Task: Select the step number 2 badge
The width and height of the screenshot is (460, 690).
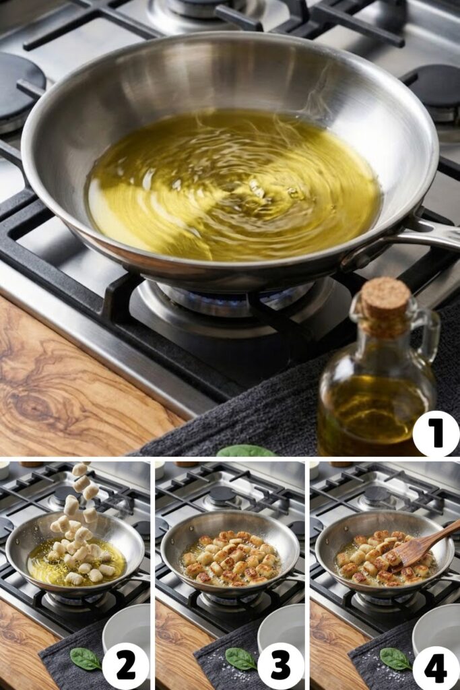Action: pyautogui.click(x=125, y=666)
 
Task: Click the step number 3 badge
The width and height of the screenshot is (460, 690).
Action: pyautogui.click(x=280, y=666)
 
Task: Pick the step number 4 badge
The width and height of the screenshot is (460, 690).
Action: pyautogui.click(x=435, y=666)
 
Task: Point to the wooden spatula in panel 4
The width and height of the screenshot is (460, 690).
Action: pyautogui.click(x=422, y=545)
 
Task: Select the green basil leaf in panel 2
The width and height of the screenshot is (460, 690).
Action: pyautogui.click(x=85, y=659)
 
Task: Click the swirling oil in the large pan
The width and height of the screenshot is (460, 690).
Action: pyautogui.click(x=233, y=185)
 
